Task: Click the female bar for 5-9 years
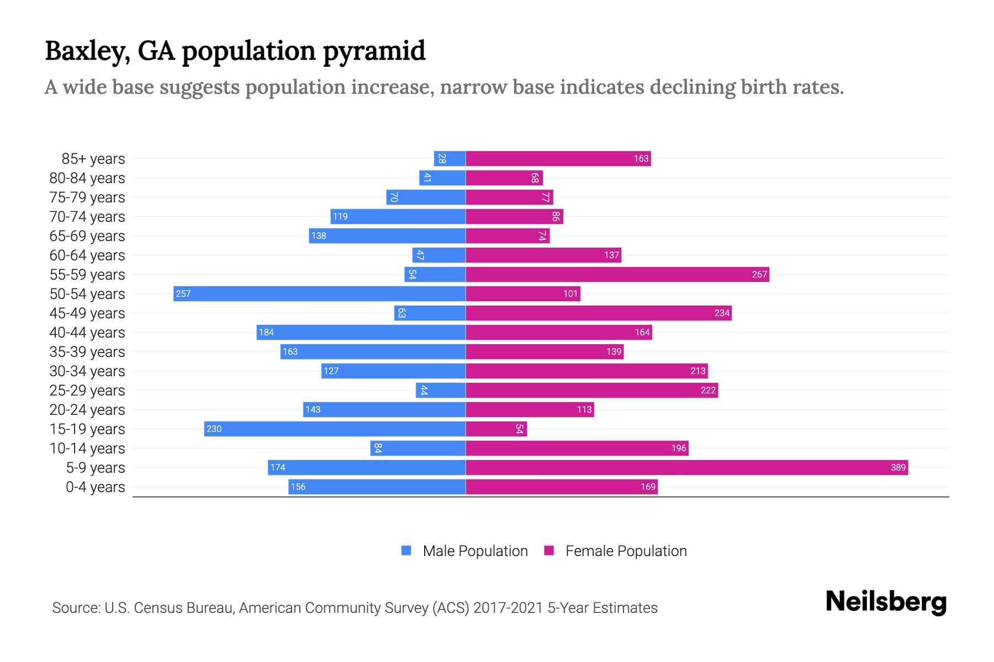pyautogui.click(x=686, y=467)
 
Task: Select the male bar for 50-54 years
pyautogui.click(x=319, y=293)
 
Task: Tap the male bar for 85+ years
pyautogui.click(x=450, y=158)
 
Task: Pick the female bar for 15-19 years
pyautogui.click(x=496, y=429)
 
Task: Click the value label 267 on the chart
pyautogui.click(x=759, y=274)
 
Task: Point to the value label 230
pyautogui.click(x=214, y=429)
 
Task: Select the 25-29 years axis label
pyautogui.click(x=87, y=391)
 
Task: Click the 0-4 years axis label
pyautogui.click(x=95, y=487)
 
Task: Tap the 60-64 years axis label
pyautogui.click(x=87, y=255)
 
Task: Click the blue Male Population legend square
pyautogui.click(x=406, y=551)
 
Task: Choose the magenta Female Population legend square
pyautogui.click(x=549, y=551)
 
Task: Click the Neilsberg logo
pyautogui.click(x=886, y=601)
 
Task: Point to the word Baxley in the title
pyautogui.click(x=87, y=51)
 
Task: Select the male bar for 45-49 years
pyautogui.click(x=430, y=313)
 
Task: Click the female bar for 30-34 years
pyautogui.click(x=586, y=371)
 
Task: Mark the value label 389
pyautogui.click(x=898, y=467)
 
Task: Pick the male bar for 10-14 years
pyautogui.click(x=418, y=448)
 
